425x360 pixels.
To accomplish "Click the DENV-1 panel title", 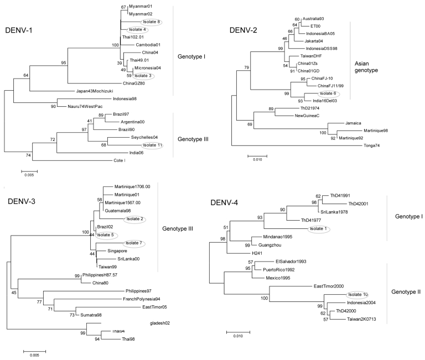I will pos(22,29).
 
